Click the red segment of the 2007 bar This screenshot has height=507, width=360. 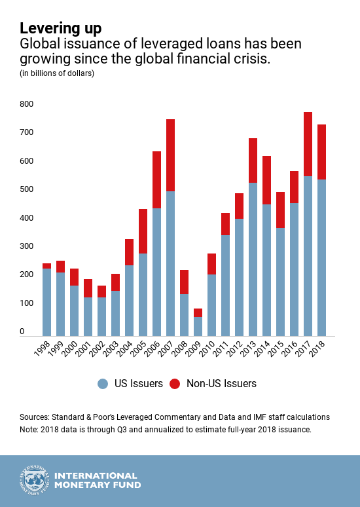pos(170,155)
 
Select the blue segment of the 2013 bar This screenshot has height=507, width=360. pos(253,259)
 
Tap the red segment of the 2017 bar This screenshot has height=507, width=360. pos(308,144)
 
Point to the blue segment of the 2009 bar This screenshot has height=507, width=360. pos(198,327)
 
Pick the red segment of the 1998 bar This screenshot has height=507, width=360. pos(47,266)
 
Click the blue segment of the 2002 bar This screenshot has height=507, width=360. pos(102,317)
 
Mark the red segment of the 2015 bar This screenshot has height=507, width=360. pos(281,210)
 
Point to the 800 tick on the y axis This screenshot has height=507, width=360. pos(26,104)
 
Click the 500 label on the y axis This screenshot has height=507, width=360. pos(26,189)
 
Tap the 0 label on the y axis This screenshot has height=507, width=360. pos(22,331)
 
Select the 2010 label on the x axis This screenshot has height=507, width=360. pos(207,348)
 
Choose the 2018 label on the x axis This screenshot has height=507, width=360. pos(317,348)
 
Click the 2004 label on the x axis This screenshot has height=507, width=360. pos(125,348)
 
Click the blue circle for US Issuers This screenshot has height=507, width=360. pos(103,384)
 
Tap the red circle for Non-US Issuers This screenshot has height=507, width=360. pos(175,384)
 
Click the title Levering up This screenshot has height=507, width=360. pos(61,28)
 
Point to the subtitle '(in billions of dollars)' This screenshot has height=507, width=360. pos(57,73)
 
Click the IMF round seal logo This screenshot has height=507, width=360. pos(35,481)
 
